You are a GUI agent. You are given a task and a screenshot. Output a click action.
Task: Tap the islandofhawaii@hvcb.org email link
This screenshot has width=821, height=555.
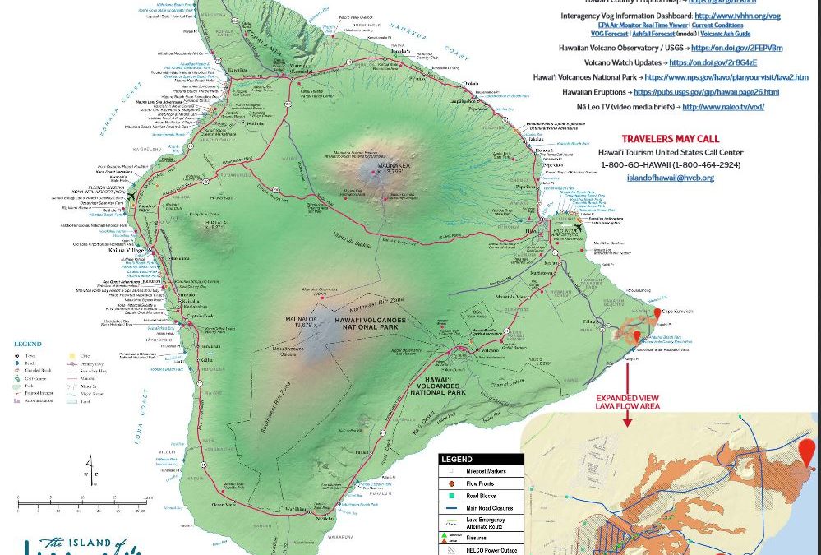(x=670, y=178)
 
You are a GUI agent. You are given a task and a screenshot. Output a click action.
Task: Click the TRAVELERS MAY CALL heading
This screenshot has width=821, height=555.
(x=671, y=139)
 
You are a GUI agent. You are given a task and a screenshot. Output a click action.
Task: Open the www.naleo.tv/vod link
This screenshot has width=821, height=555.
(x=723, y=107)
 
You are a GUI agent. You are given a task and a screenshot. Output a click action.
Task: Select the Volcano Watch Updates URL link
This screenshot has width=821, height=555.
(x=713, y=62)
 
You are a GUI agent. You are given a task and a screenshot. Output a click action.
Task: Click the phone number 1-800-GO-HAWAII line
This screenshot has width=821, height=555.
(x=671, y=165)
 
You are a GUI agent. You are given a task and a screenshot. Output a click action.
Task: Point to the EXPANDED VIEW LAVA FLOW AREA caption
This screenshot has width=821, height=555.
(x=627, y=402)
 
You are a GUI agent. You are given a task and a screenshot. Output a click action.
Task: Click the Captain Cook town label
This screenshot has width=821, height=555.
(x=201, y=317)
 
